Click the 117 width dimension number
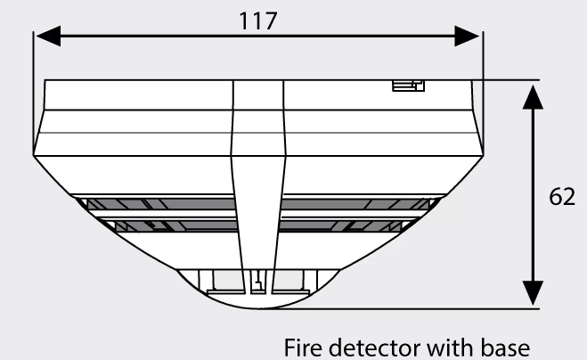click(258, 21)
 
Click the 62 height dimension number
click(562, 196)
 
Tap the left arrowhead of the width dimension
click(48, 36)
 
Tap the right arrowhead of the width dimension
click(467, 36)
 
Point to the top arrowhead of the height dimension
click(533, 97)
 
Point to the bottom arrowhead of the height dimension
click(533, 293)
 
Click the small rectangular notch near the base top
click(409, 86)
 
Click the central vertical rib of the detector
click(258, 187)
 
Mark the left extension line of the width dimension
click(33, 93)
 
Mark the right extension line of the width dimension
click(484, 93)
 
